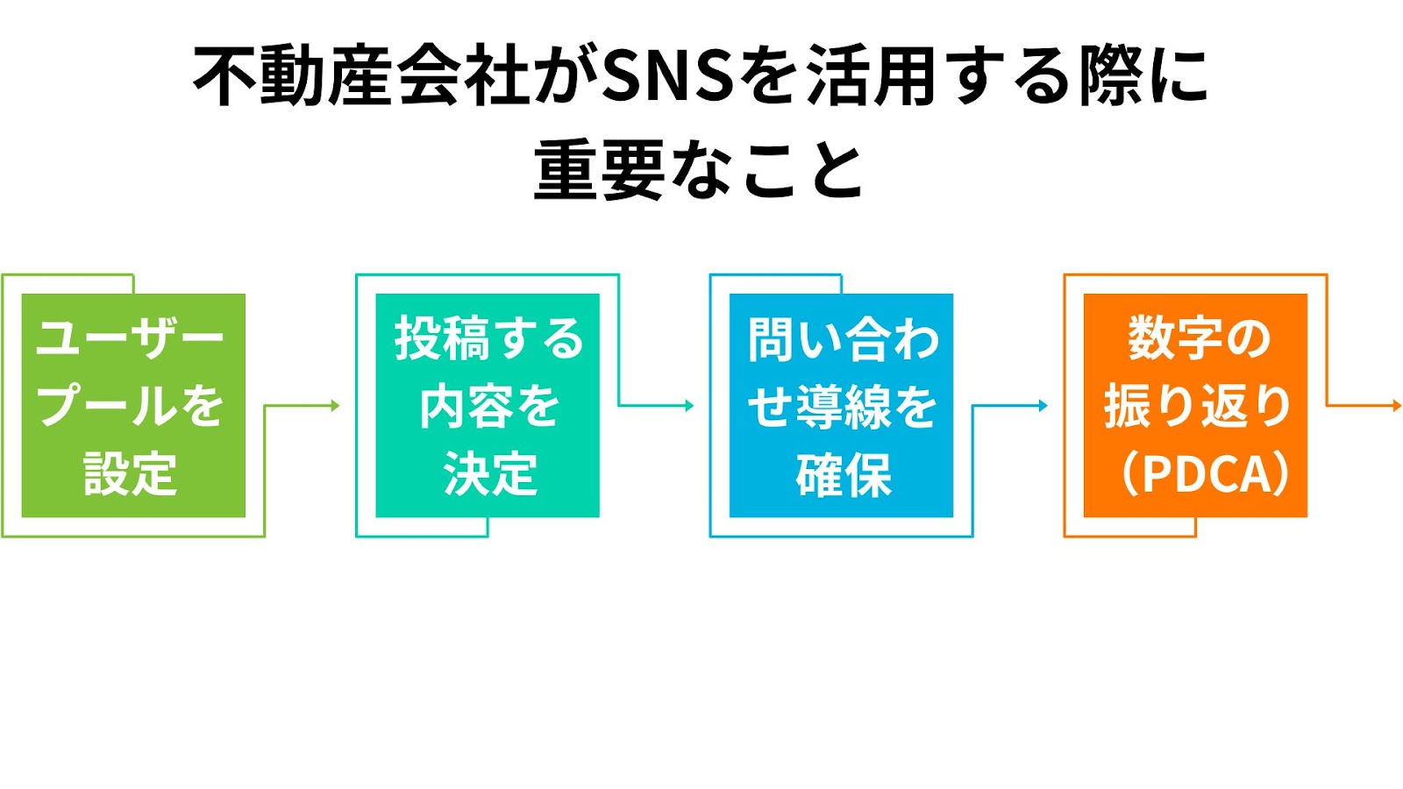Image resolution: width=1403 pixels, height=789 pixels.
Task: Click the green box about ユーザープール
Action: [133, 405]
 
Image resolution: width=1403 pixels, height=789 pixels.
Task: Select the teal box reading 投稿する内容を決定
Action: [488, 405]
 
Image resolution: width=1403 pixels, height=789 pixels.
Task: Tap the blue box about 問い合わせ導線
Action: [841, 405]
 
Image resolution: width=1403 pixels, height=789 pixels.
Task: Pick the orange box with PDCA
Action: [1195, 405]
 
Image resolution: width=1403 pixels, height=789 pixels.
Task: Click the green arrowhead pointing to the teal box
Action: [335, 406]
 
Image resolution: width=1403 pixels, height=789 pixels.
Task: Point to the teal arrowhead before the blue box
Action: [689, 406]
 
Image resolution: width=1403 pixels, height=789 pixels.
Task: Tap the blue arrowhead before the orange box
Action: [1043, 406]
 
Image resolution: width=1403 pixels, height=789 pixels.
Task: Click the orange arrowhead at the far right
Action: [1397, 406]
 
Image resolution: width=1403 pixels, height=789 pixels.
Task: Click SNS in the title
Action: [667, 76]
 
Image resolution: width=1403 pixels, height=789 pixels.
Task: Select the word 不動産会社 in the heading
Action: [361, 76]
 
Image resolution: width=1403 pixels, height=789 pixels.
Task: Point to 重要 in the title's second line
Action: [599, 169]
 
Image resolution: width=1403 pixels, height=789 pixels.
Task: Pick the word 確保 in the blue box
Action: [844, 474]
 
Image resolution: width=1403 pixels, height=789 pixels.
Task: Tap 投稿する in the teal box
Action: [488, 338]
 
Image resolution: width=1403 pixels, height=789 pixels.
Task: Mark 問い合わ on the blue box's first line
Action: [844, 339]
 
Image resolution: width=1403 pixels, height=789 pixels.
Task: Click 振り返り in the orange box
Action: [1198, 406]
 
